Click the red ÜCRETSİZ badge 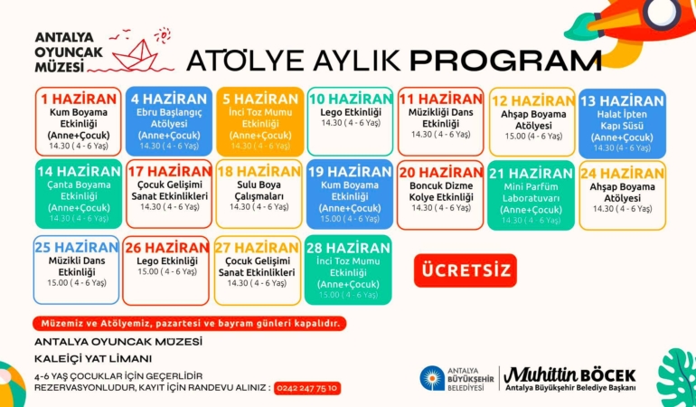coord(465,270)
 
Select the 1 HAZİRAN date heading coord(80,99)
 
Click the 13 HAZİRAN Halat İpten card coord(622,122)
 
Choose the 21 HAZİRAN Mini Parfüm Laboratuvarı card coord(531,194)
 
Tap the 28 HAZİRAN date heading coord(347,247)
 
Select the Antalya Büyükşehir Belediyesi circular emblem coord(433,378)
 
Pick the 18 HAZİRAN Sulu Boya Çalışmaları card coord(258,193)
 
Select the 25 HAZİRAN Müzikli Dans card coord(77,270)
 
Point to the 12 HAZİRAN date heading coord(531,100)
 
